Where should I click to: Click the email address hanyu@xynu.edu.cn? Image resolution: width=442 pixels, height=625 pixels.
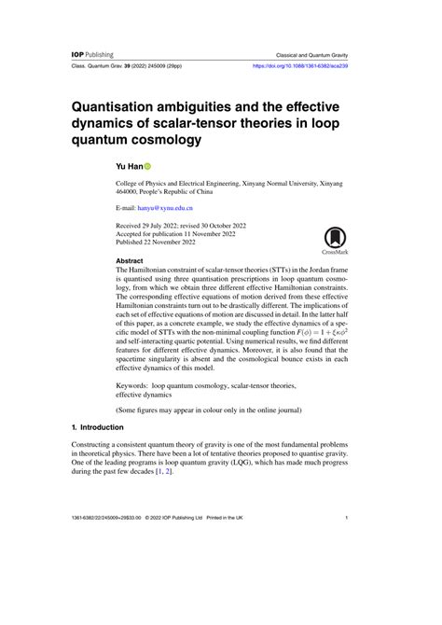166,211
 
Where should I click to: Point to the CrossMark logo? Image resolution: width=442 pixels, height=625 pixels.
335,243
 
